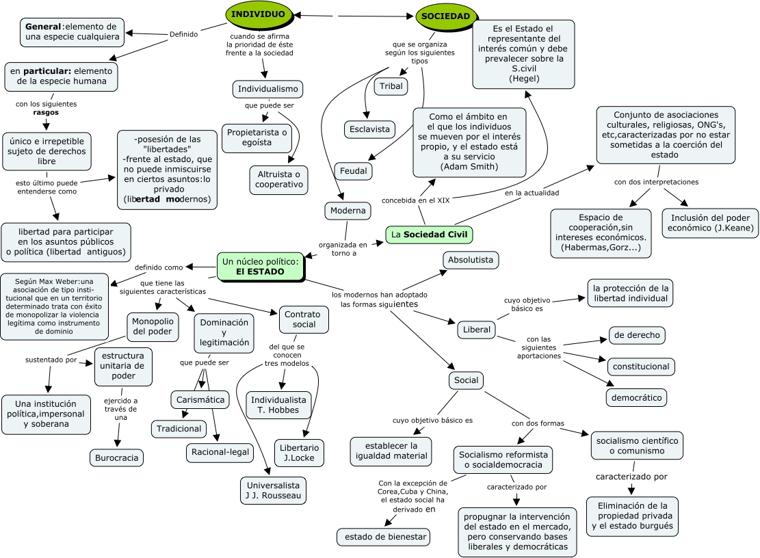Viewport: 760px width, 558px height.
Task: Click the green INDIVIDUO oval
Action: pyautogui.click(x=259, y=14)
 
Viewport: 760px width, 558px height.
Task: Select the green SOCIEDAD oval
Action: pyautogui.click(x=445, y=16)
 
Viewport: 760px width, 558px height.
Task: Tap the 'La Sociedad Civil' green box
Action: pyautogui.click(x=429, y=235)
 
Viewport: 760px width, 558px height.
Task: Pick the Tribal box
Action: pyautogui.click(x=391, y=86)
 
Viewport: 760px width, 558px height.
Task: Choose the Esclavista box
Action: pyautogui.click(x=369, y=129)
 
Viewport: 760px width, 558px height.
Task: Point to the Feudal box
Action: pyautogui.click(x=353, y=170)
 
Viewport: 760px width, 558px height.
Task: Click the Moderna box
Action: pyautogui.click(x=348, y=211)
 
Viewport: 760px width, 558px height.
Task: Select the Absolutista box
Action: pyautogui.click(x=471, y=260)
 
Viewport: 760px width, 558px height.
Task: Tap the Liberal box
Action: pyautogui.click(x=476, y=330)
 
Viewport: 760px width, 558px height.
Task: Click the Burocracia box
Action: pyautogui.click(x=116, y=457)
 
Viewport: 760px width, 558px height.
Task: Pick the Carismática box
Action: pyautogui.click(x=200, y=399)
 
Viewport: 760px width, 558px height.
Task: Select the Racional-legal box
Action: pyautogui.click(x=220, y=452)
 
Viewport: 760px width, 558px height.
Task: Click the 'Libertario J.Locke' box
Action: pyautogui.click(x=300, y=453)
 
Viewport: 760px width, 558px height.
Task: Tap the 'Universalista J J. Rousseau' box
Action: pyautogui.click(x=272, y=490)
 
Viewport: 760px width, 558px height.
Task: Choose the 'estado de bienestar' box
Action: pyautogui.click(x=383, y=537)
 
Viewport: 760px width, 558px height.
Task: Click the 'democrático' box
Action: pyautogui.click(x=636, y=397)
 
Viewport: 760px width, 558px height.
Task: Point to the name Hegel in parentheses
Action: pyautogui.click(x=524, y=79)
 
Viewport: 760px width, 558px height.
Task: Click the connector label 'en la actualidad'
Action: pyautogui.click(x=532, y=193)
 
